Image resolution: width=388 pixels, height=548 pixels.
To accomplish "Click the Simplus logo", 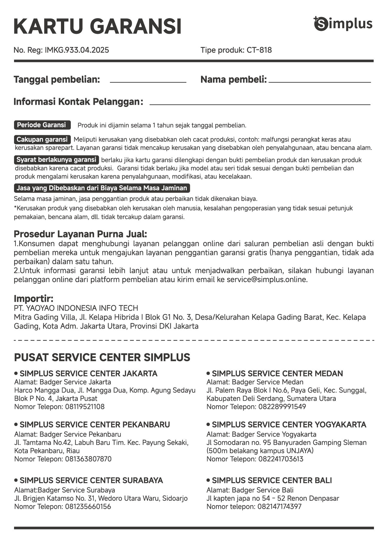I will (x=343, y=24).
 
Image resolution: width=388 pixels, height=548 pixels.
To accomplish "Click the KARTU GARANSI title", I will (x=97, y=26).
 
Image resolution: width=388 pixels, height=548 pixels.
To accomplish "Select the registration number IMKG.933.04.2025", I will (x=77, y=50).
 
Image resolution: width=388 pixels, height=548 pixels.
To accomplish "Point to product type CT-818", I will (x=259, y=50).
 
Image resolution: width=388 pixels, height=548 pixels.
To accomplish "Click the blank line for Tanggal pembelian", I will (x=148, y=81).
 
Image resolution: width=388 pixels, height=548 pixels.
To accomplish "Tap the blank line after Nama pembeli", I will (x=319, y=81).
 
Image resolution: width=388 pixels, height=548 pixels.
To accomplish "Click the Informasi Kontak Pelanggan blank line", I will (x=260, y=104).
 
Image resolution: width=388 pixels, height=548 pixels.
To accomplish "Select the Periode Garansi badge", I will (x=42, y=125).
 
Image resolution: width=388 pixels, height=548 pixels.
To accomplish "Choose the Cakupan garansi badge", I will (x=42, y=139).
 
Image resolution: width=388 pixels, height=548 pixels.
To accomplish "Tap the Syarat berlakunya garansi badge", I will (x=56, y=160).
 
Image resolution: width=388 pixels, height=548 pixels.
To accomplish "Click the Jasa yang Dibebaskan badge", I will (x=102, y=188).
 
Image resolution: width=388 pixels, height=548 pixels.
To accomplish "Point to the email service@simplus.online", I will (x=267, y=280).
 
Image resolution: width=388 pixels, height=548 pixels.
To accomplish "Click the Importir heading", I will (x=34, y=298).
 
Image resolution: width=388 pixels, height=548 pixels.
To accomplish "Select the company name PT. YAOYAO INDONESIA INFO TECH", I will (x=76, y=308).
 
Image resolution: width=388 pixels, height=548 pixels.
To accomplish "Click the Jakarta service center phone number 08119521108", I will (x=85, y=407).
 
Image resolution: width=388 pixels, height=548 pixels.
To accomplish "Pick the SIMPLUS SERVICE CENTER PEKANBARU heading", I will (x=95, y=425).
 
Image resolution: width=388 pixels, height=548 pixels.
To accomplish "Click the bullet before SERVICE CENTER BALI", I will (x=208, y=480).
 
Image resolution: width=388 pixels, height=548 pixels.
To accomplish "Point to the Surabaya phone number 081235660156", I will (x=88, y=507).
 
